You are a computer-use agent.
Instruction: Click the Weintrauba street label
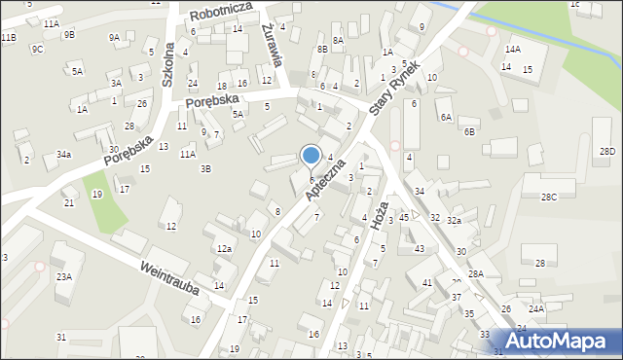pyautogui.click(x=169, y=278)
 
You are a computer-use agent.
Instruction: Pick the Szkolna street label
pyautogui.click(x=168, y=65)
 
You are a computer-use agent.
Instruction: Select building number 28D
pyautogui.click(x=607, y=151)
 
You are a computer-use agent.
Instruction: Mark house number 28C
pyautogui.click(x=549, y=197)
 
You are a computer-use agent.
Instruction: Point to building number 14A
pyautogui.click(x=513, y=48)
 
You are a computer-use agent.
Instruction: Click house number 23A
pyautogui.click(x=63, y=276)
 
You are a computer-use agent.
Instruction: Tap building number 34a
pyautogui.click(x=63, y=155)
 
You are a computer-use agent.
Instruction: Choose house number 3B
pyautogui.click(x=205, y=168)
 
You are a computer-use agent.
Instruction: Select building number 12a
pyautogui.click(x=224, y=249)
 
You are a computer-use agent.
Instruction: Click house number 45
pyautogui.click(x=404, y=216)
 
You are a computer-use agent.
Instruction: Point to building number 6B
pyautogui.click(x=469, y=130)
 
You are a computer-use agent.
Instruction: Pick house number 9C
pyautogui.click(x=37, y=49)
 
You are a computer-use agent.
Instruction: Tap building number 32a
pyautogui.click(x=454, y=221)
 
